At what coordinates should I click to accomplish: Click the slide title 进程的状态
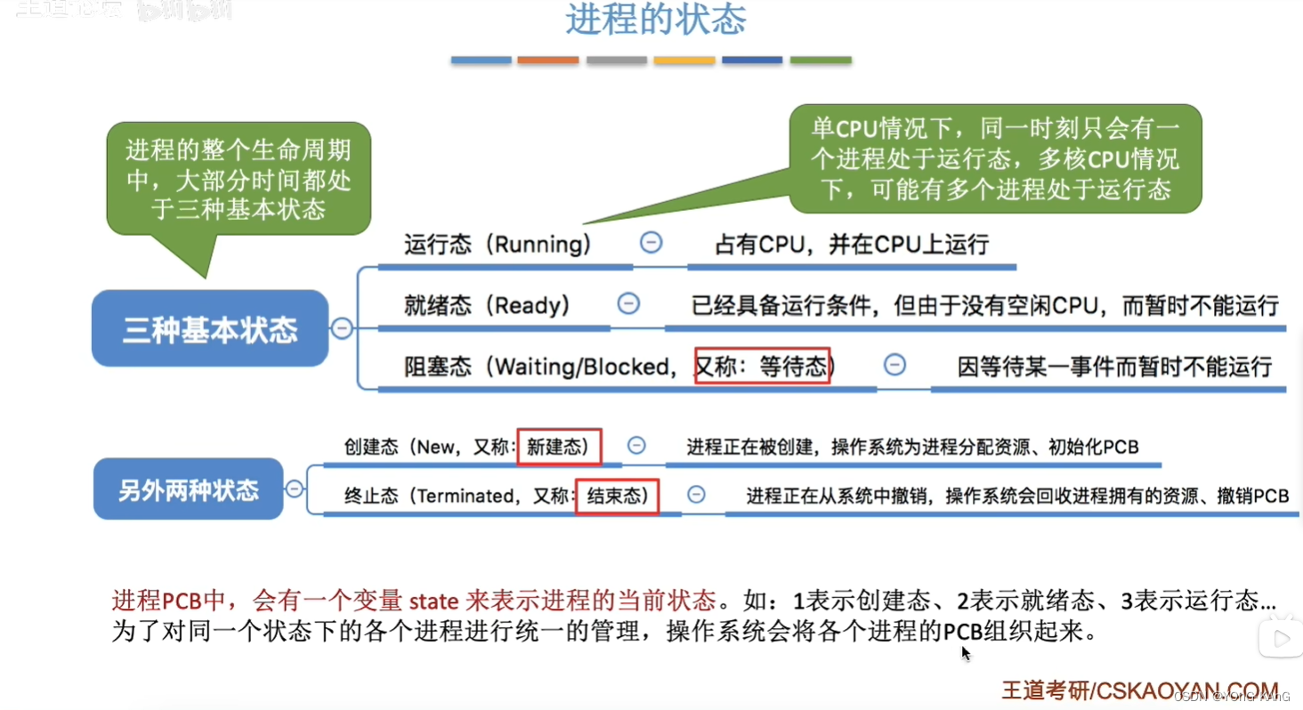[x=655, y=20]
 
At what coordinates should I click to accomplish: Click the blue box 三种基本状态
[x=210, y=329]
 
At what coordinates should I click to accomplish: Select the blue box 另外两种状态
[x=189, y=489]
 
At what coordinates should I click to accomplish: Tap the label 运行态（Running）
[x=498, y=245]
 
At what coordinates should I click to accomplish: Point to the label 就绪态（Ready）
[x=487, y=306]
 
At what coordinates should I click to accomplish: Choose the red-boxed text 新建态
[x=558, y=446]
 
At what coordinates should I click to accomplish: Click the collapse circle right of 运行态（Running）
[x=651, y=242]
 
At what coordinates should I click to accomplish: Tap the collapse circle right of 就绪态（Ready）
[x=628, y=303]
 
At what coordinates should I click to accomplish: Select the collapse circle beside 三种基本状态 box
[x=342, y=329]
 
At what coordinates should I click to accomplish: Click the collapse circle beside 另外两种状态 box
[x=294, y=488]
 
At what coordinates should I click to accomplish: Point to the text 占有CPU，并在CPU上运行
[x=852, y=245]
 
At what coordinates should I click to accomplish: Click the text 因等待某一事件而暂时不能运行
[x=1114, y=366]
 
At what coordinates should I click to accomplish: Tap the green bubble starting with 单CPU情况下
[x=995, y=158]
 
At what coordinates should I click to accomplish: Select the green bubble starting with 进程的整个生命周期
[x=239, y=178]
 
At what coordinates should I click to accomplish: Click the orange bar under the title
[x=548, y=61]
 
